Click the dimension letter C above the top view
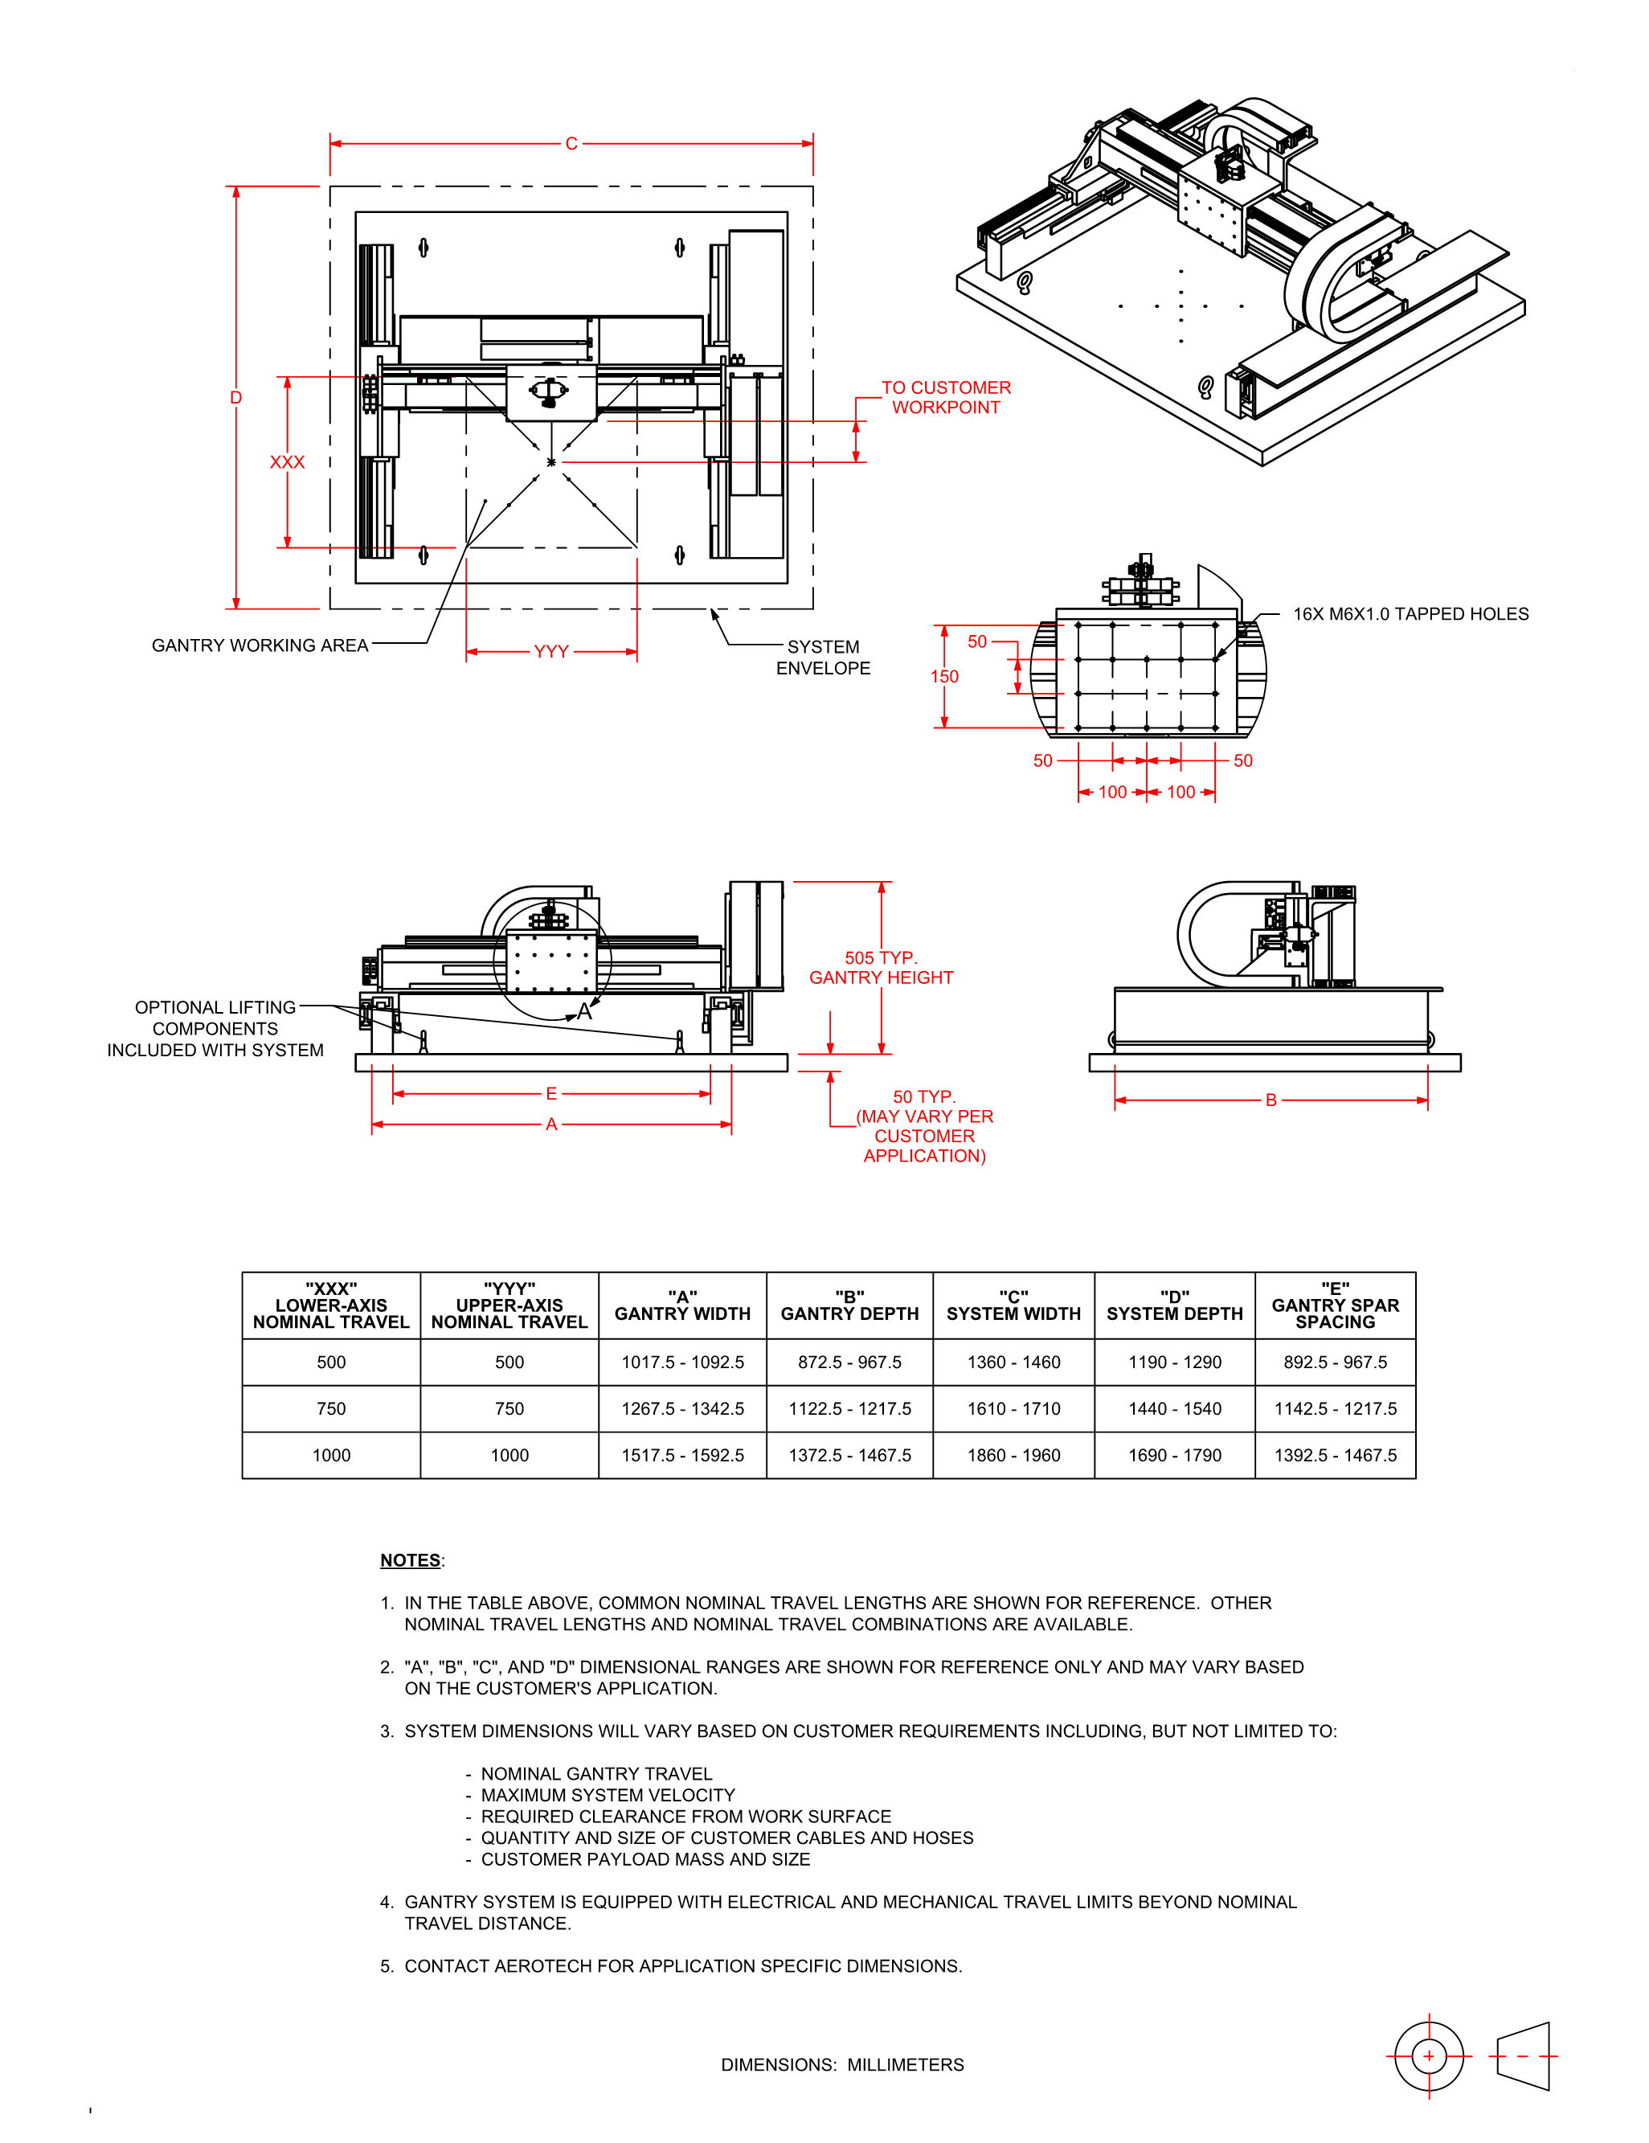tap(571, 143)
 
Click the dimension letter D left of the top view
tap(235, 397)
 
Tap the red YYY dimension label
tap(551, 652)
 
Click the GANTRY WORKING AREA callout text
tap(260, 645)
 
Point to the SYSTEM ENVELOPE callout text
tap(823, 658)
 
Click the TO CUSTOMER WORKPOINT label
tap(946, 397)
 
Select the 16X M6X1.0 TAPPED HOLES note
tap(1410, 614)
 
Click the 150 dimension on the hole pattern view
tap(943, 676)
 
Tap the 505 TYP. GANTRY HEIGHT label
tap(881, 968)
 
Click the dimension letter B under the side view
tap(1271, 1100)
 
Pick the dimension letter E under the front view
tap(551, 1093)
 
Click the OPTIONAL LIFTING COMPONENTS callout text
tap(215, 1028)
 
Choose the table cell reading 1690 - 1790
tap(1174, 1455)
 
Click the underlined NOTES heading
tap(410, 1560)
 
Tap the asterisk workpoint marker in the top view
tap(551, 462)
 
